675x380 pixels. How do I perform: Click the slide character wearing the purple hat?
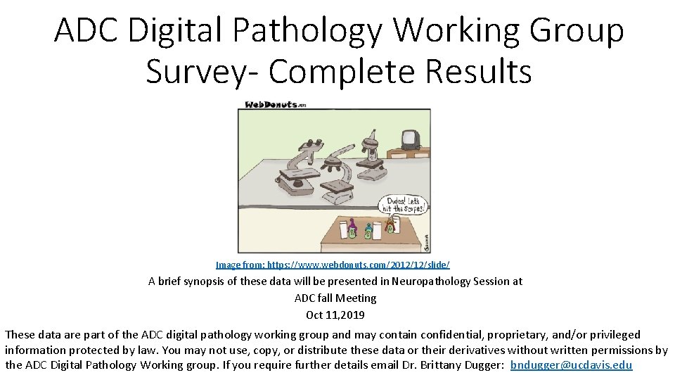click(x=352, y=229)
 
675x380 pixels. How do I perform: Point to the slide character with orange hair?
click(x=389, y=227)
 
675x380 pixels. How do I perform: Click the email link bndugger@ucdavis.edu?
click(x=571, y=365)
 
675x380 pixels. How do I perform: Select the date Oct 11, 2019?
click(x=335, y=315)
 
